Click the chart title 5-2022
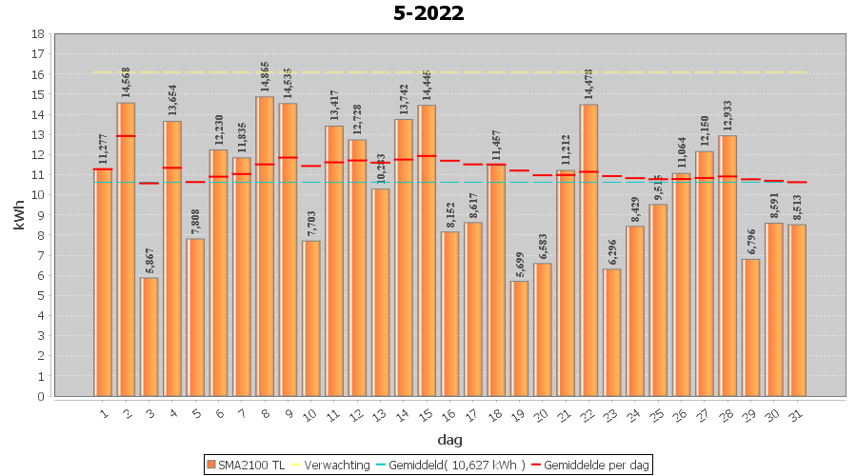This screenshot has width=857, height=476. point(428,13)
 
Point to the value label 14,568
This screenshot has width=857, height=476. point(126,84)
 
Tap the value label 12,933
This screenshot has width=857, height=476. point(727,116)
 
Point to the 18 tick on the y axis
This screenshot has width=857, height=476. point(37,34)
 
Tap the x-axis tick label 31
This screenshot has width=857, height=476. point(796,413)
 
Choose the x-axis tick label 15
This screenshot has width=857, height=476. point(426,413)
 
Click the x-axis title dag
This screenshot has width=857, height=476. point(449,439)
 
